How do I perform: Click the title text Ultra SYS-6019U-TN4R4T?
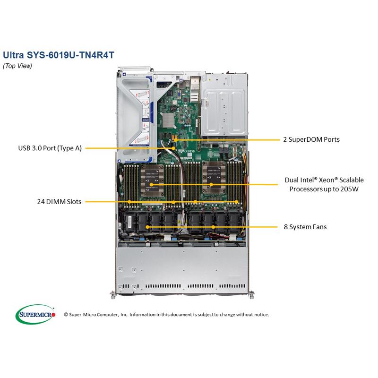point(58,54)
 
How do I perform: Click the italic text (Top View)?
point(17,66)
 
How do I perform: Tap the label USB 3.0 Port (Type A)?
point(49,148)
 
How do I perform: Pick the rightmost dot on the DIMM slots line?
point(236,202)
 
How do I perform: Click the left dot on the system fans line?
point(148,227)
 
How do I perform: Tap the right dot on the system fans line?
point(214,227)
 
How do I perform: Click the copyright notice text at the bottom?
point(166,314)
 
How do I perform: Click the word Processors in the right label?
point(303,188)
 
